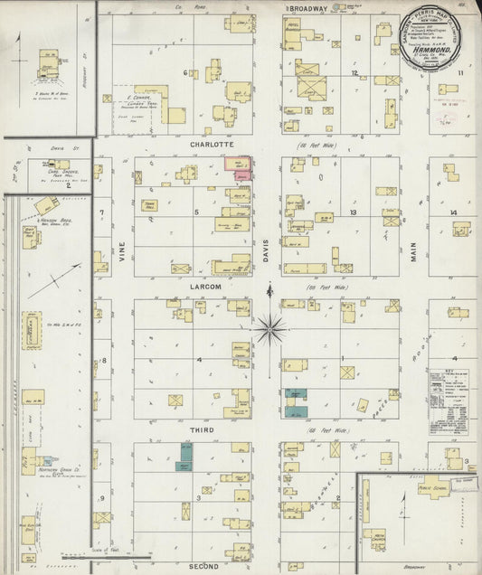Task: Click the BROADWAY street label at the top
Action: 307,8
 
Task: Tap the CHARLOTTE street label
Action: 212,145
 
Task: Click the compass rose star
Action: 269,328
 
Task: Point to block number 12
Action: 355,73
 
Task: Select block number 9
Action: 103,498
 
